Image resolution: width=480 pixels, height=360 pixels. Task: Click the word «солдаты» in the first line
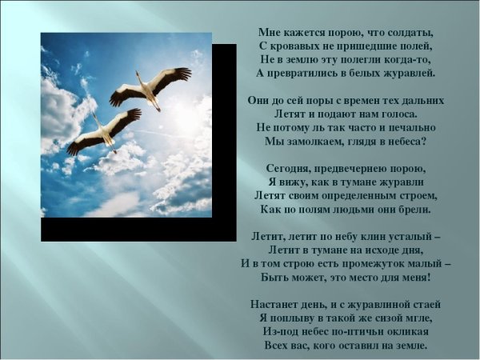410,33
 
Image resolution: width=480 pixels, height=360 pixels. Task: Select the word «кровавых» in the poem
298,46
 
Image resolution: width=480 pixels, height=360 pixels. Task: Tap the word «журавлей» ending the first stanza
406,73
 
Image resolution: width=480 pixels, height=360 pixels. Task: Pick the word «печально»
407,128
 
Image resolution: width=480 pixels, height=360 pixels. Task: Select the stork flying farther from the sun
104,130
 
